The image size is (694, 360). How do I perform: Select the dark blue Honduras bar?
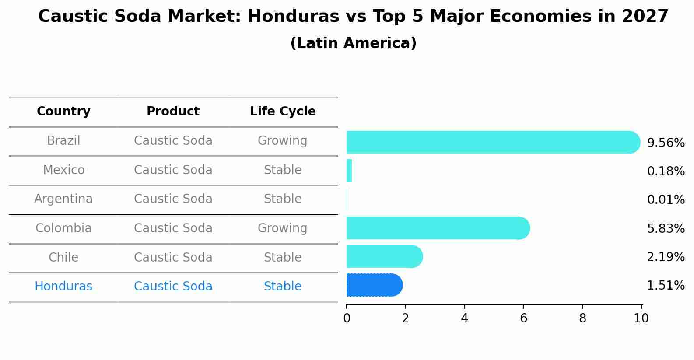[x=374, y=285]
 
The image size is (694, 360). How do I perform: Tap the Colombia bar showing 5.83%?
[x=438, y=228]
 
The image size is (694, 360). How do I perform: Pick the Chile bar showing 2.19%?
[x=384, y=256]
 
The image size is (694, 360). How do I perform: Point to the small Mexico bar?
[x=349, y=171]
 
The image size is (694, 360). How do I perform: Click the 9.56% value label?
[x=666, y=143]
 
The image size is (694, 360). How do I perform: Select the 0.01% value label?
[x=666, y=200]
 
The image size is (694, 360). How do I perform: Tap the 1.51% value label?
[x=666, y=286]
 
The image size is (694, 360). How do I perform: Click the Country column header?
[x=63, y=112]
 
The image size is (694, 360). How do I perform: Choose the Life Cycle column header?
[x=283, y=112]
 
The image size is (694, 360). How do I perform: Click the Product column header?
[x=173, y=112]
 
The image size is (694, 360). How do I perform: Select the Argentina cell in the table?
[x=63, y=199]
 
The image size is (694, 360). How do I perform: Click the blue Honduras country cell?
[x=63, y=287]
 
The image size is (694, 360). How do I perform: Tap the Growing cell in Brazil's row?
[x=282, y=141]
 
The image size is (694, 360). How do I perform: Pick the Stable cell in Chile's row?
[x=282, y=257]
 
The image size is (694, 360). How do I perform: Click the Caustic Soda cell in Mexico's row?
[x=173, y=170]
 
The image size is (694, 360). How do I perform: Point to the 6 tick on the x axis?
[x=523, y=318]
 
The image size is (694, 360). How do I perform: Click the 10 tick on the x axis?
[x=641, y=318]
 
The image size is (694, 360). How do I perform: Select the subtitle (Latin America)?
[x=353, y=43]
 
